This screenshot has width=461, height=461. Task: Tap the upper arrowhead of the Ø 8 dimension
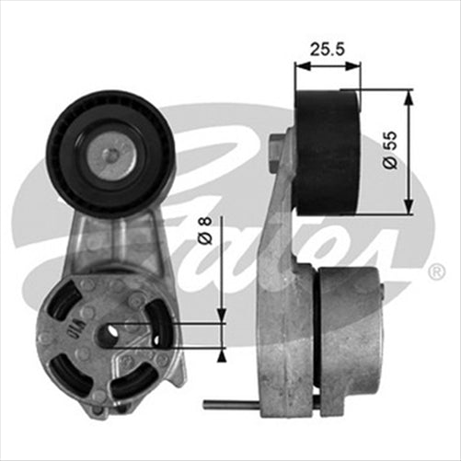point(222,317)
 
